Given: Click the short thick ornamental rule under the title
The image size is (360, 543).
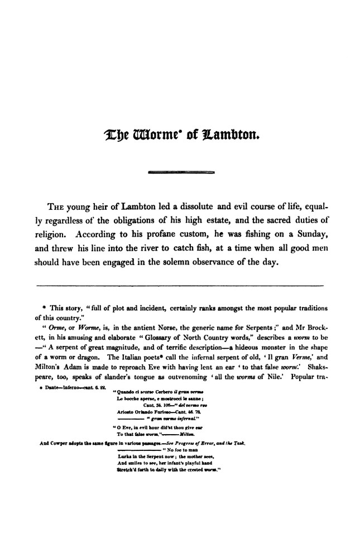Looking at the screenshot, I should [180, 174].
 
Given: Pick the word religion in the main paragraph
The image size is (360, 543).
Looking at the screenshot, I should [52, 233].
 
